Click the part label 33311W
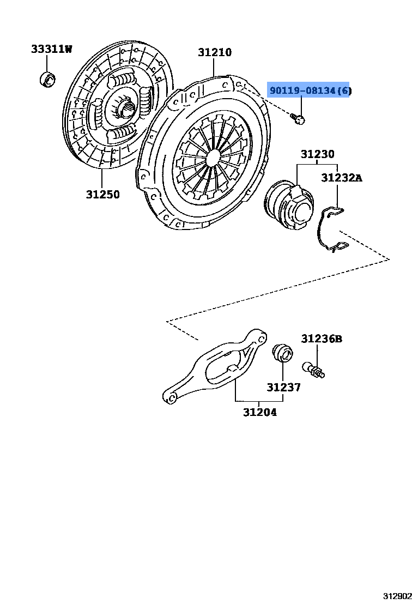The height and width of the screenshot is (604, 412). coord(51,49)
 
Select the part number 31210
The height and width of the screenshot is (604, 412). coord(215,52)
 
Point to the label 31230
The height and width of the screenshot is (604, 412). coord(317,154)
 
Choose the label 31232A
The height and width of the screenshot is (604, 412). coord(342,178)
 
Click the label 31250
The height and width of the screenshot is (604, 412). coord(102,194)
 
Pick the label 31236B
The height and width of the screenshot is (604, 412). coord(322,339)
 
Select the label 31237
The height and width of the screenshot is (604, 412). coord(283,386)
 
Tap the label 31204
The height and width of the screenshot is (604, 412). coord(260,412)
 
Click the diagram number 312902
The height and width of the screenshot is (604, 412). coord(397,597)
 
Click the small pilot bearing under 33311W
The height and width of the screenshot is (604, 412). coord(47,79)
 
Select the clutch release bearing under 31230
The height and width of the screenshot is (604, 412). coord(289,206)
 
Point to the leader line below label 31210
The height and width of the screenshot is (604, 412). coord(214,68)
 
